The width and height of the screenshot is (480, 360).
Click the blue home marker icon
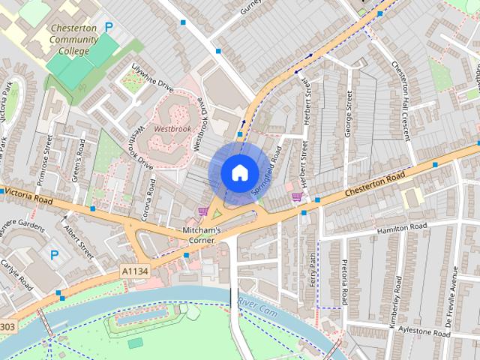(238, 172)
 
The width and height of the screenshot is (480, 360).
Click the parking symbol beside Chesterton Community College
(109, 26)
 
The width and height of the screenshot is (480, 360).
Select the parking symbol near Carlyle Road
(54, 255)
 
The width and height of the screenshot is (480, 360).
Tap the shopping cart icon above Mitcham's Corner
(202, 211)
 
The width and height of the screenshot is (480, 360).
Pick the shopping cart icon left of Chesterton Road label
(297, 197)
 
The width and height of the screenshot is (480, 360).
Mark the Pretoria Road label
(344, 282)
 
